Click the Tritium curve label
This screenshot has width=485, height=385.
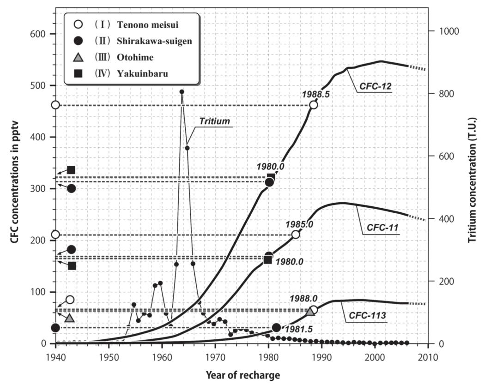[x=214, y=121]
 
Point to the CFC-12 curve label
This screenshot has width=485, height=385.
[x=376, y=85]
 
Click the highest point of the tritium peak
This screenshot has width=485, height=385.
[x=182, y=92]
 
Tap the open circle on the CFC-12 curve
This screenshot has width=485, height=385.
[x=314, y=105]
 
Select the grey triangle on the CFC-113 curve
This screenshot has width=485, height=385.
[x=310, y=312]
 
